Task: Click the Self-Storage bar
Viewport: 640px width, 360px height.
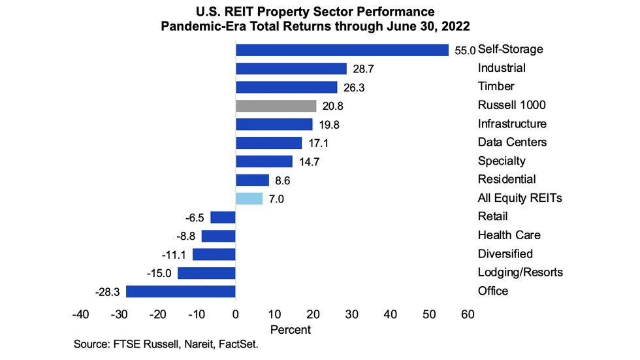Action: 342,50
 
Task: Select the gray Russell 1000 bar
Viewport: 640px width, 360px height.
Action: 276,106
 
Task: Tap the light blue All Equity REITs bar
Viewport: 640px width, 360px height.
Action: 249,199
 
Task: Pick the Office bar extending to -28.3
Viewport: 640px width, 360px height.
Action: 181,291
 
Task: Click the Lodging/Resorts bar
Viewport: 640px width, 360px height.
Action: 206,272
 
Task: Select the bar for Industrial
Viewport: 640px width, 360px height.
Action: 291,69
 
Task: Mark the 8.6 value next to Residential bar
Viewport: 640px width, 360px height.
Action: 283,180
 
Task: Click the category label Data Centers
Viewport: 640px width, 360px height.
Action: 512,142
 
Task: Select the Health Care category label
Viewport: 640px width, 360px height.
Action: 509,235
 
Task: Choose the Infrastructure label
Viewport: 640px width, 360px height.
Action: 512,124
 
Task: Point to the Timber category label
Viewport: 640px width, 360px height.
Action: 496,87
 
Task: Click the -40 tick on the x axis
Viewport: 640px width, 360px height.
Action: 80,315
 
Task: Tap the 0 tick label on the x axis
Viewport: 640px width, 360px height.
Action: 236,315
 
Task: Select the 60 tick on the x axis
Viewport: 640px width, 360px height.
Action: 468,315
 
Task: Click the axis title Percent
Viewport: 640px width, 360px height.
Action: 291,330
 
